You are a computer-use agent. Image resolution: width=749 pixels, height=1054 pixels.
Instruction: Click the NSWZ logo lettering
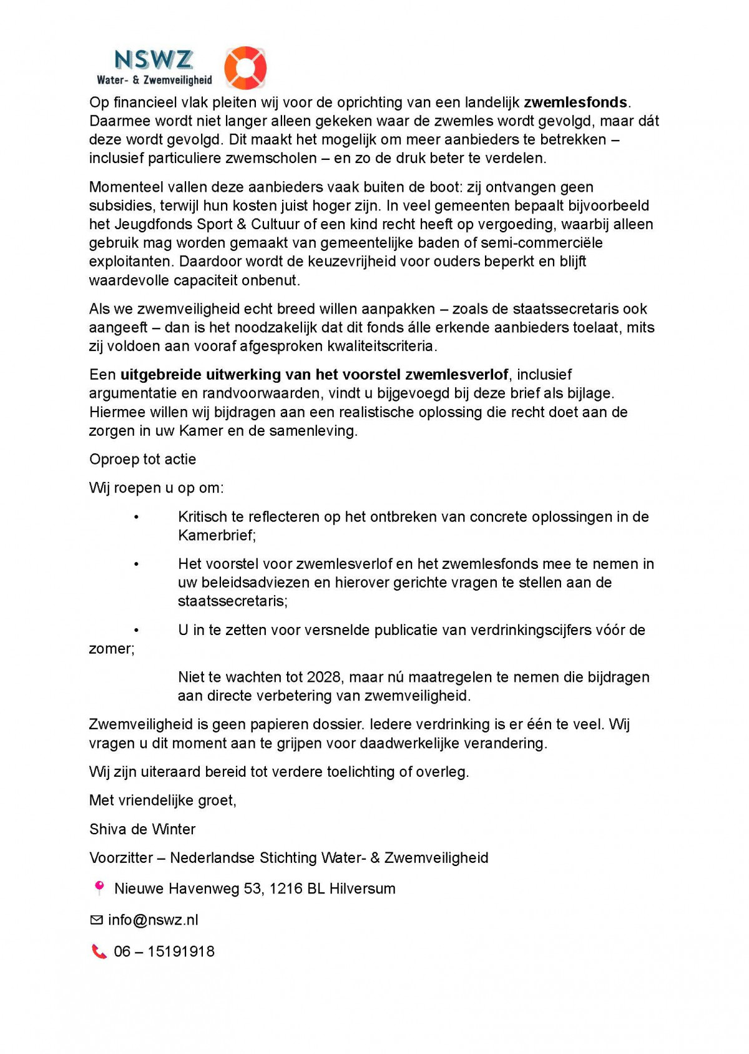[154, 60]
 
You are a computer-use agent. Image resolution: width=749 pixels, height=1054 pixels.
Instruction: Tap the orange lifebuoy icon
[245, 67]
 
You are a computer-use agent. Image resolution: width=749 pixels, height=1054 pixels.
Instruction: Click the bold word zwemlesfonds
[575, 102]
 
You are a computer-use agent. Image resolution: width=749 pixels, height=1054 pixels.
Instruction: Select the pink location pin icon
[99, 887]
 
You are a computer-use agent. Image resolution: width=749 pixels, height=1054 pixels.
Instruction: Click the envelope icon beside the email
[96, 920]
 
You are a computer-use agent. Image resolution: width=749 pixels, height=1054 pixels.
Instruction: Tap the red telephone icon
[99, 952]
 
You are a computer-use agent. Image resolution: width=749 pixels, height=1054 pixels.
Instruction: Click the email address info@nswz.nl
[153, 920]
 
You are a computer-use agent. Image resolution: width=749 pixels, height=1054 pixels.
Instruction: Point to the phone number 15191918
[181, 952]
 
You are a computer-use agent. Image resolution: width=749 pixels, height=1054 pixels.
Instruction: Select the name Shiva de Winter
[142, 829]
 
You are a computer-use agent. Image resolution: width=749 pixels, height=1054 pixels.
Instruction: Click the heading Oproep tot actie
[142, 460]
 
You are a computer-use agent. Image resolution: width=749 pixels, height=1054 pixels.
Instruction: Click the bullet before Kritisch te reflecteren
[136, 518]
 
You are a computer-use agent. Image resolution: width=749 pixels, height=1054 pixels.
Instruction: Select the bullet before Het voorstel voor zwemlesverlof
[136, 564]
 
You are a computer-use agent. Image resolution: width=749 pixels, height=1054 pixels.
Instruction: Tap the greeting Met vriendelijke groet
[162, 800]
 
